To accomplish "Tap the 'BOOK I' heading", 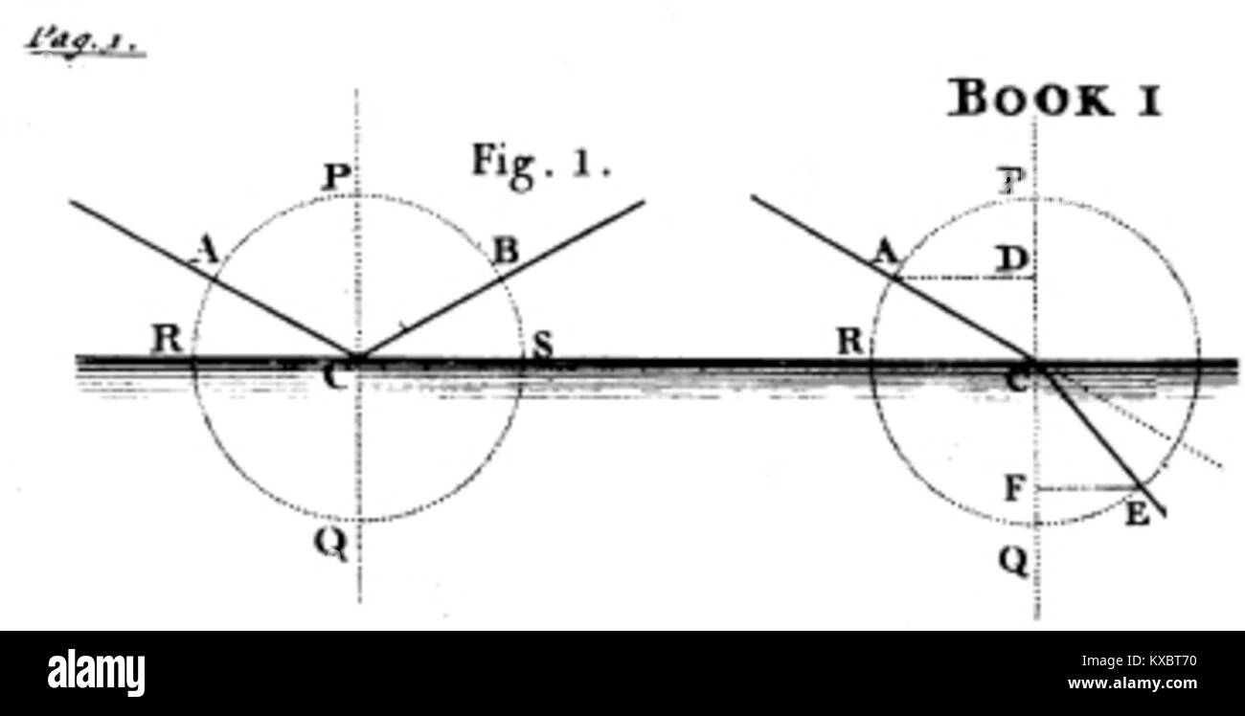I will pyautogui.click(x=1054, y=98).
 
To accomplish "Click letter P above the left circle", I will pyautogui.click(x=337, y=178).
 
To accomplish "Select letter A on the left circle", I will pyautogui.click(x=203, y=251).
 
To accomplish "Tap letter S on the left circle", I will pyautogui.click(x=541, y=347).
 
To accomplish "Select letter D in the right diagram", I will pyautogui.click(x=1012, y=258).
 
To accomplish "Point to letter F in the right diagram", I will pyautogui.click(x=1015, y=490).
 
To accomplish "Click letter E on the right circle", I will pyautogui.click(x=1137, y=515).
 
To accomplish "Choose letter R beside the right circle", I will pyautogui.click(x=849, y=342).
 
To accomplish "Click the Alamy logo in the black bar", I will pyautogui.click(x=96, y=673).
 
